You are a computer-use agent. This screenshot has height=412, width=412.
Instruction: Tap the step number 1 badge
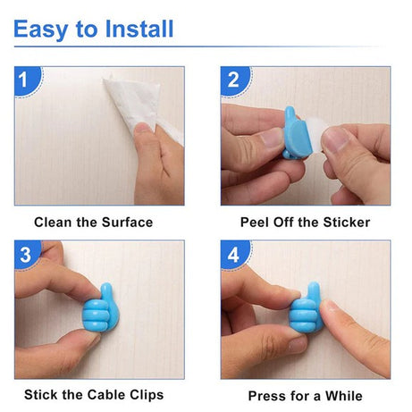click(27, 80)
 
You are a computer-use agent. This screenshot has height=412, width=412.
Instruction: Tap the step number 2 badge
click(234, 80)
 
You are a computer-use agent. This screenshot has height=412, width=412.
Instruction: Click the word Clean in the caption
click(55, 222)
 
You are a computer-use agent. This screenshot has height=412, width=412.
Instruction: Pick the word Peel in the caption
click(256, 222)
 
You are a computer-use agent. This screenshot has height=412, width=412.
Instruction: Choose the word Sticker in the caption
click(344, 222)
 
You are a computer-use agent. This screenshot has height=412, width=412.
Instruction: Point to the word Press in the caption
click(267, 395)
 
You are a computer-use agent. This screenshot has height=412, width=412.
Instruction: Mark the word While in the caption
click(345, 395)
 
